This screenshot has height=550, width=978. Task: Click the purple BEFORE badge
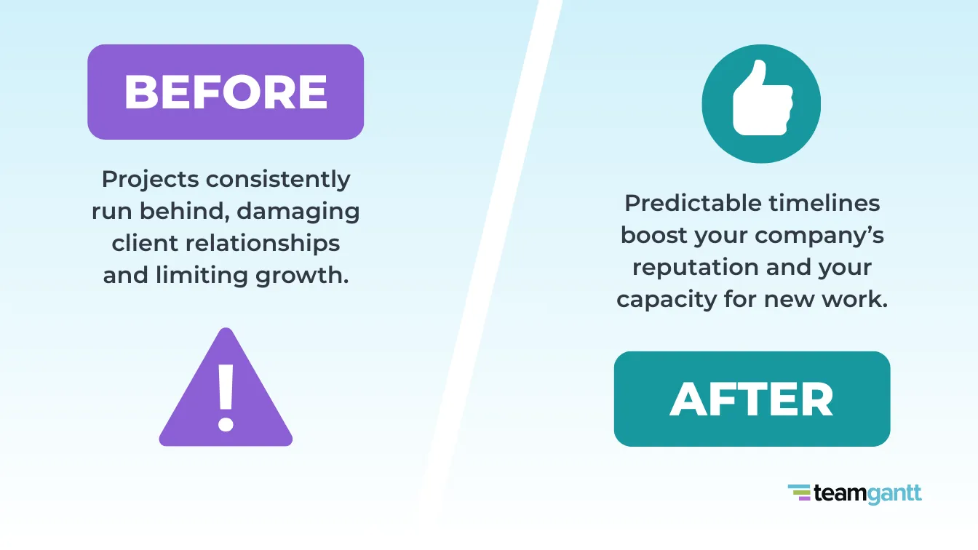click(x=226, y=92)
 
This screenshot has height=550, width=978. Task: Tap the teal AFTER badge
click(x=752, y=399)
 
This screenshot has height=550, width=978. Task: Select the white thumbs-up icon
click(x=760, y=99)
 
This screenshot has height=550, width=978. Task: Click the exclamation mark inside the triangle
click(x=226, y=396)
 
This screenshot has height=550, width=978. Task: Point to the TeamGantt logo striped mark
click(x=798, y=493)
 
